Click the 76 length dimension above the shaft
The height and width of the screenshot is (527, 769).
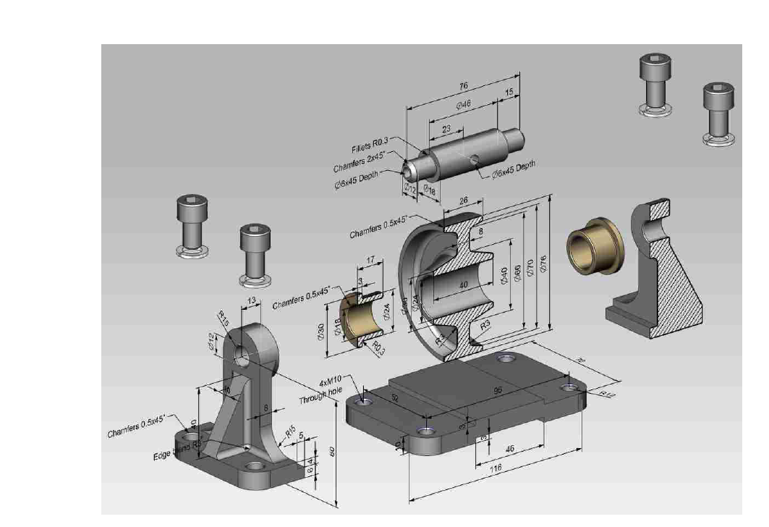tap(463, 85)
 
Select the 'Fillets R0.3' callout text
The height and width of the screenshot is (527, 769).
tap(370, 148)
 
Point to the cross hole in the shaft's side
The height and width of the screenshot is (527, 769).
tap(473, 159)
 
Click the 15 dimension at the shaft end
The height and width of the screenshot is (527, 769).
tap(509, 92)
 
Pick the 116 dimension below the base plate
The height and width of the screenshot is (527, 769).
tap(495, 470)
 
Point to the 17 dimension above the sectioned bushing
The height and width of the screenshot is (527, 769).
tap(370, 259)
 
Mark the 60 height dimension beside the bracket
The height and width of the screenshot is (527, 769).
tap(332, 451)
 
